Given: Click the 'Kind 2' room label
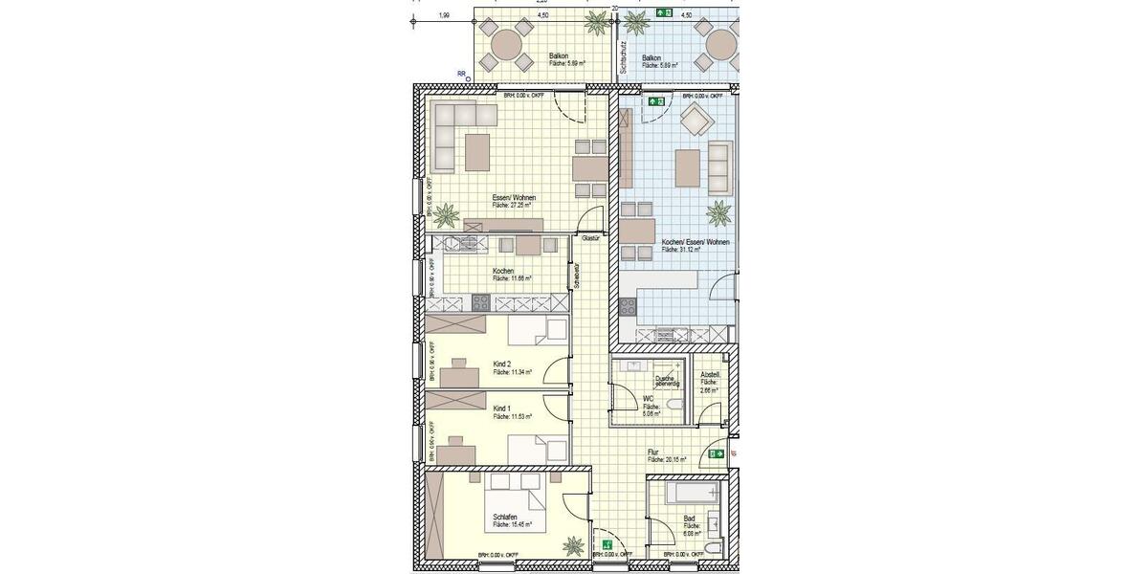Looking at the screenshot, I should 501,364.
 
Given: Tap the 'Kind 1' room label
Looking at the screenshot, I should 501,408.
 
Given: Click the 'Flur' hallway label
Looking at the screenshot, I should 654,452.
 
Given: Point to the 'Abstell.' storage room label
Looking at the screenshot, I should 711,374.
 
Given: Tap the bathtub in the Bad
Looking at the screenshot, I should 691,497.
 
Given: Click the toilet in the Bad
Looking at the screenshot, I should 709,547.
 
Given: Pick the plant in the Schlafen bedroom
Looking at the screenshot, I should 573,546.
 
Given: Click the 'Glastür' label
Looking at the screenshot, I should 590,237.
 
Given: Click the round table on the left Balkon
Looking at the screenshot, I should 507,46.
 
